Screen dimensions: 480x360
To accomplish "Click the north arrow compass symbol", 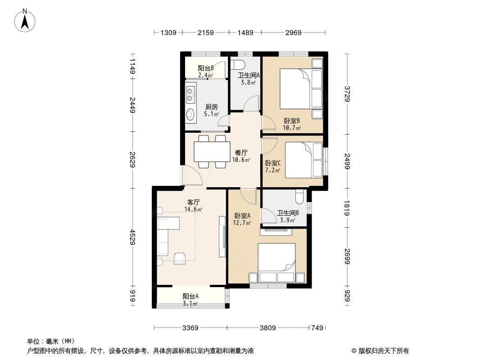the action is [x=25, y=21].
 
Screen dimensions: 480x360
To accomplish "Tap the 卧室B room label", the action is [x=292, y=121].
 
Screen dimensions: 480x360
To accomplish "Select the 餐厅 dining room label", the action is [x=241, y=153].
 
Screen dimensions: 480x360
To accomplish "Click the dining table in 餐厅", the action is [x=212, y=151].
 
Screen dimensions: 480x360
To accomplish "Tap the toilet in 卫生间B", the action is [x=299, y=197].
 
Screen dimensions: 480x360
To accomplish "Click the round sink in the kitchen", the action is [x=190, y=114].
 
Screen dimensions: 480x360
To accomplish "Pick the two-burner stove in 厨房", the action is [x=190, y=94].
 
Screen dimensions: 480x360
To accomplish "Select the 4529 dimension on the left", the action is [x=132, y=237].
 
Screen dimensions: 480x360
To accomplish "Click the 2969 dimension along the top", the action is [x=293, y=32].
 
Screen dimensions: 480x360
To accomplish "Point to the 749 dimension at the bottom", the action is [x=317, y=328].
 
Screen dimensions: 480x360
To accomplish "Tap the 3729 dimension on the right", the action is [x=347, y=94].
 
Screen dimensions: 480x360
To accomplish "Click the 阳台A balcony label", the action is [x=190, y=296].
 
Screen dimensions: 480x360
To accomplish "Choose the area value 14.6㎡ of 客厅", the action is [x=193, y=210].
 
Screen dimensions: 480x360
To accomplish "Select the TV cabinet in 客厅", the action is [x=222, y=237].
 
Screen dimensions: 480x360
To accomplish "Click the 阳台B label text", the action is [x=206, y=68].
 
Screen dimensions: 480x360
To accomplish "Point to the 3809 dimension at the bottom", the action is [x=268, y=328].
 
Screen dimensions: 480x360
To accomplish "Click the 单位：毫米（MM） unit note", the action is [x=51, y=342].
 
